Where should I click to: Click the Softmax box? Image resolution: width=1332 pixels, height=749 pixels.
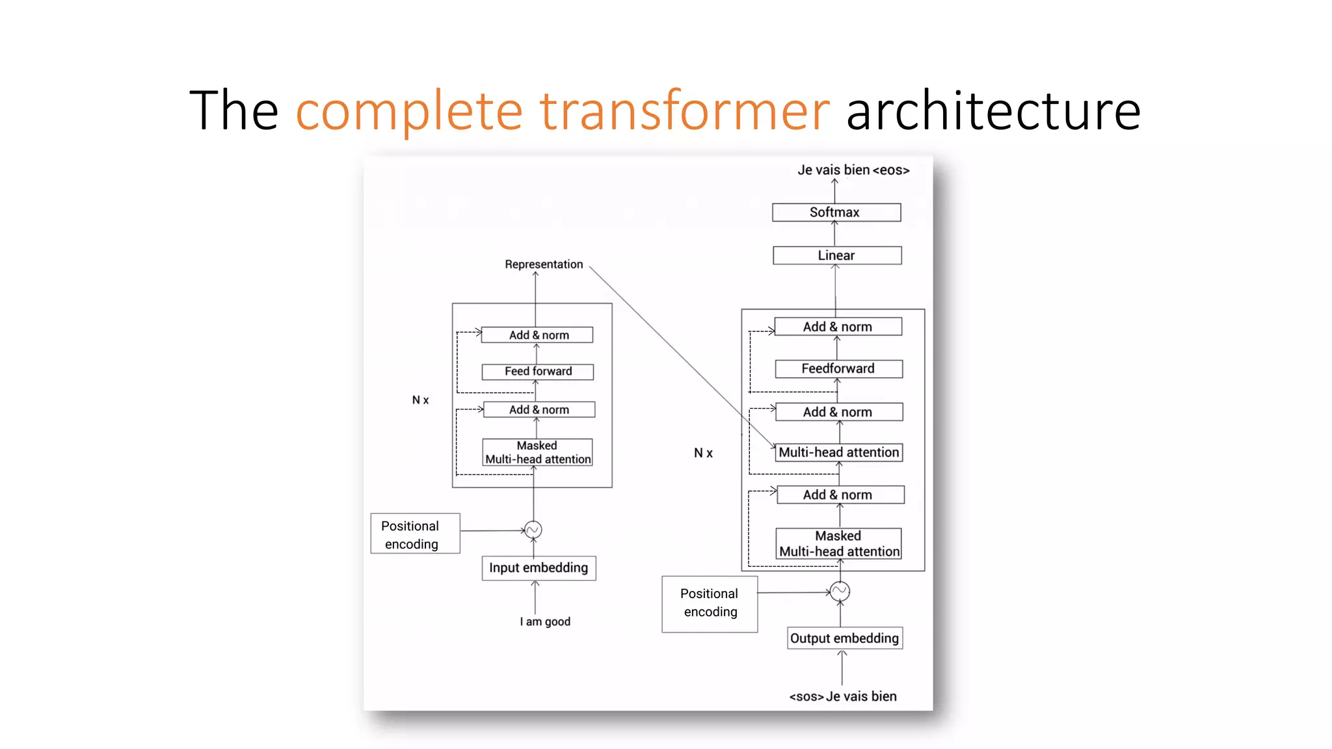836,213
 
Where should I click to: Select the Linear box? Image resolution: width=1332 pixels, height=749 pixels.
836,256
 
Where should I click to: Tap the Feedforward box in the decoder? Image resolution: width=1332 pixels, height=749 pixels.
838,369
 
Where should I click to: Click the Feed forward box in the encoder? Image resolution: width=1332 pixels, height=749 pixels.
538,371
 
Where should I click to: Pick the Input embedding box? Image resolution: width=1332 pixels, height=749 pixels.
539,568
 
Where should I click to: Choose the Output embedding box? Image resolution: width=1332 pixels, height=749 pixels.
844,638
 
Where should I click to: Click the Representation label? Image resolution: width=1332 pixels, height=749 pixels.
544,264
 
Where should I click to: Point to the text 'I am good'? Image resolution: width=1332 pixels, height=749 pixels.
545,622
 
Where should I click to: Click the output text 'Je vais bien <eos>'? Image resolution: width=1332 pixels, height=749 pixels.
853,170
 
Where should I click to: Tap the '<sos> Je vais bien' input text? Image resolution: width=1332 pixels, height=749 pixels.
843,696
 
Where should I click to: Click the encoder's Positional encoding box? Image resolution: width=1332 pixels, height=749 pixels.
415,534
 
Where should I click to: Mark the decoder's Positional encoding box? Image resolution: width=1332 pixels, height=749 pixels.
710,603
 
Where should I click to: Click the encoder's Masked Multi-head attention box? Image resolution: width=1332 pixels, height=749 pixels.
538,453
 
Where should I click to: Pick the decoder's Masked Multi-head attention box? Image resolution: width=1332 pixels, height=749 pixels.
839,544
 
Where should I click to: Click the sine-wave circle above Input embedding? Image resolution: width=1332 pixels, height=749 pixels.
533,530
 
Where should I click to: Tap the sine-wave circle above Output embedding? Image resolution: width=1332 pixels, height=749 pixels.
840,591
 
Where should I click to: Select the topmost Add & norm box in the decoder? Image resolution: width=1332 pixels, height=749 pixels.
838,326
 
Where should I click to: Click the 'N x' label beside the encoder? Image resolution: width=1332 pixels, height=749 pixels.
421,400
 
